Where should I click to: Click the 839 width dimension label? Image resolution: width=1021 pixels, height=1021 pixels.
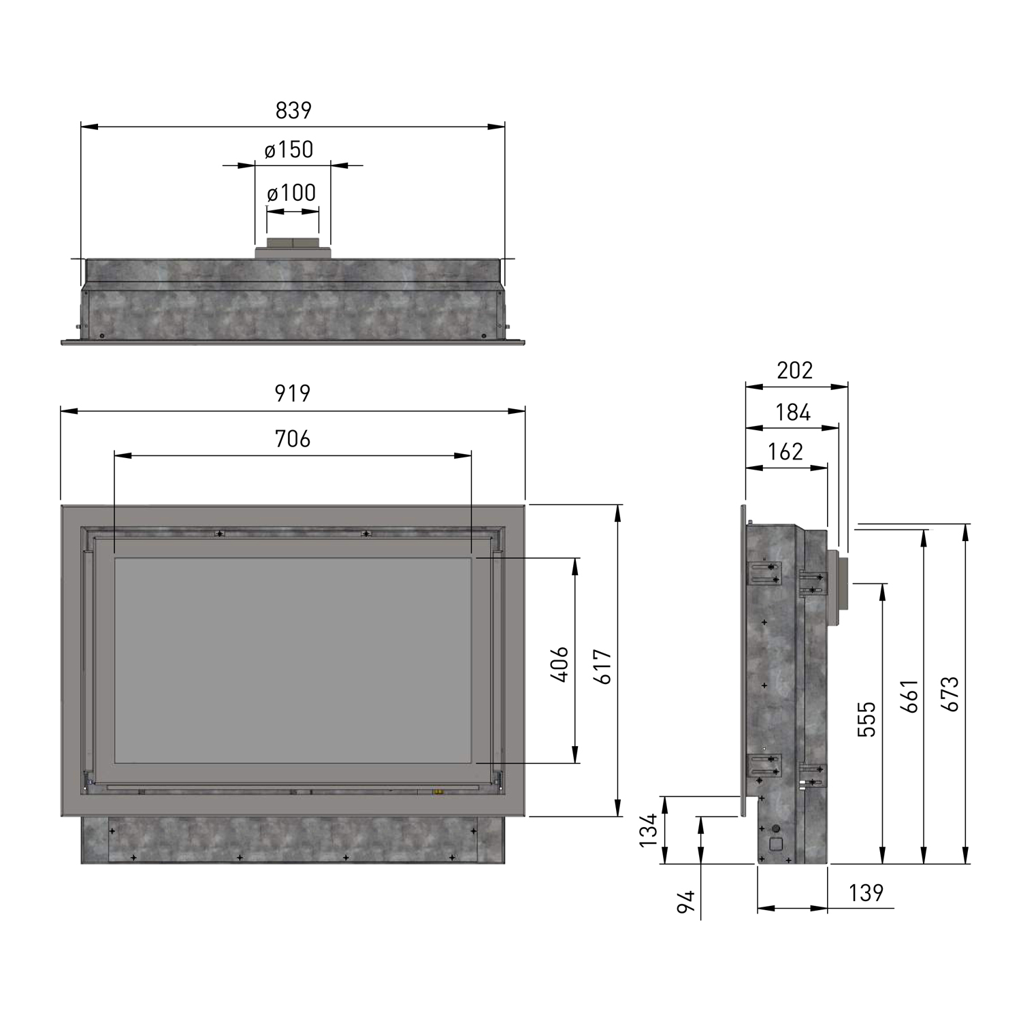pos(293,110)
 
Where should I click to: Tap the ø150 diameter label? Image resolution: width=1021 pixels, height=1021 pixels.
pos(289,150)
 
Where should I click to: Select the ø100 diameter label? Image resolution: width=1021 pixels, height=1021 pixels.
pos(292,193)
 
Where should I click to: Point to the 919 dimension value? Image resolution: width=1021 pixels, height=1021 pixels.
pos(292,393)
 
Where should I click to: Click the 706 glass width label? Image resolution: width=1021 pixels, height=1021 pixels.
pos(293,439)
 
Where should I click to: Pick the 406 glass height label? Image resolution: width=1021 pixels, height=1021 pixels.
pos(558,664)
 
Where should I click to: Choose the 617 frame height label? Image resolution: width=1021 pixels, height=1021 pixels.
pos(603,667)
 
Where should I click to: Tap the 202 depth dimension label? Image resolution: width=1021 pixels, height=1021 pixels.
pos(795,370)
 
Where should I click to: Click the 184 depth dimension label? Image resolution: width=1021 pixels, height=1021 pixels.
pos(793,412)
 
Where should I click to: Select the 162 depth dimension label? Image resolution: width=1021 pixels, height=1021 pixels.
pos(786,452)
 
